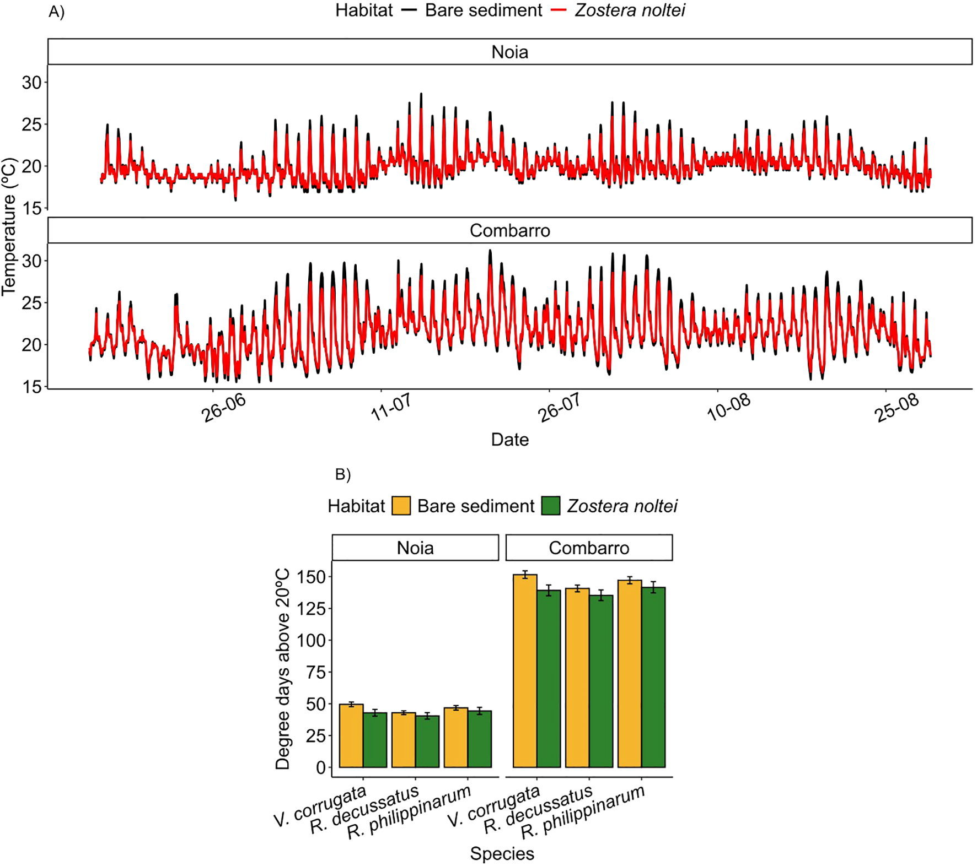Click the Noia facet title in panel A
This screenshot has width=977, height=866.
tap(509, 52)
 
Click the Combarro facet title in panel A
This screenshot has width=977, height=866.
tap(509, 230)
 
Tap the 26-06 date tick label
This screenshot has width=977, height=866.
tap(223, 408)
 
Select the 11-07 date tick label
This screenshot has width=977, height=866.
tap(391, 408)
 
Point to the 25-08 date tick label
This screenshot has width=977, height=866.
tap(897, 408)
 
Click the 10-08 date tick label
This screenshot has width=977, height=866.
tap(728, 408)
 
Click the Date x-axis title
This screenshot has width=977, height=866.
tap(509, 440)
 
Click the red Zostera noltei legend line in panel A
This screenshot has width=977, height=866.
tap(559, 10)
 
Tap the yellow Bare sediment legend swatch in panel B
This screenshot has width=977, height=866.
tap(401, 506)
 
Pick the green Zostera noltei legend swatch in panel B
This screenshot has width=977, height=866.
tap(550, 506)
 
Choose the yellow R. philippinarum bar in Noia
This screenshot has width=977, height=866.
tap(456, 738)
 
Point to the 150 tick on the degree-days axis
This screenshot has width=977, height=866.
tap(312, 577)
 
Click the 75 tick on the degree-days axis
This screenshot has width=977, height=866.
tap(316, 672)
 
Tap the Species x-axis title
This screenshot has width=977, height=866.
tap(502, 853)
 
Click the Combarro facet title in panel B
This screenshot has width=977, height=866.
tap(589, 548)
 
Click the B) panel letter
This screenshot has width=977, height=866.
tap(342, 474)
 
